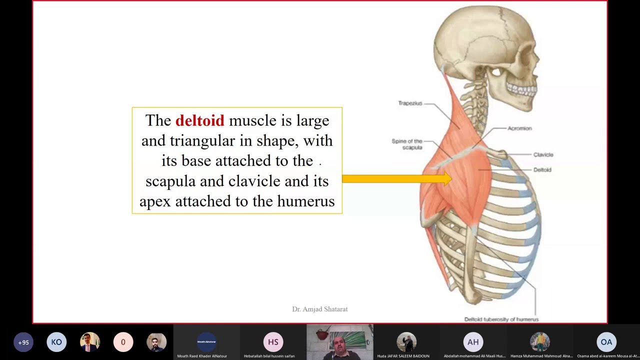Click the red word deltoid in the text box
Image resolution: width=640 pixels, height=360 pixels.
click(199, 120)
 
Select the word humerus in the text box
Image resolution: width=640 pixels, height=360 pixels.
click(305, 201)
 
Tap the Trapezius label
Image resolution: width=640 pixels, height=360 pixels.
click(410, 103)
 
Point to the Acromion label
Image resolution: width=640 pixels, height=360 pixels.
click(519, 128)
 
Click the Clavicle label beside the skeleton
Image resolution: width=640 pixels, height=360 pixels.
click(543, 155)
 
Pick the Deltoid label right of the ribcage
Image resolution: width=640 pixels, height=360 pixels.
click(542, 170)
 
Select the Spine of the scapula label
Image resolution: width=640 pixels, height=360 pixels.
click(407, 144)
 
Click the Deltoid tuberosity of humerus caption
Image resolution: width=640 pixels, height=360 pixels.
click(501, 319)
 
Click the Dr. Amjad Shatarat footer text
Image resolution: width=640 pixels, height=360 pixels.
click(320, 309)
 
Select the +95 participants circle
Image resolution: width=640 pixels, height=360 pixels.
click(23, 342)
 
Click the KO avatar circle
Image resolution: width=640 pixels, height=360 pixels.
click(56, 342)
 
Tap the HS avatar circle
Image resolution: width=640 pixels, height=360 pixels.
click(273, 342)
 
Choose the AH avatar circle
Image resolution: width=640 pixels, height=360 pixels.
click(473, 342)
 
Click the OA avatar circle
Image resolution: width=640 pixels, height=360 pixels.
click(606, 342)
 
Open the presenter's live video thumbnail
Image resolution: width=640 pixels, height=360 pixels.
click(339, 342)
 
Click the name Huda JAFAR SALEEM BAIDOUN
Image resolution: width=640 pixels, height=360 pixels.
click(403, 356)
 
